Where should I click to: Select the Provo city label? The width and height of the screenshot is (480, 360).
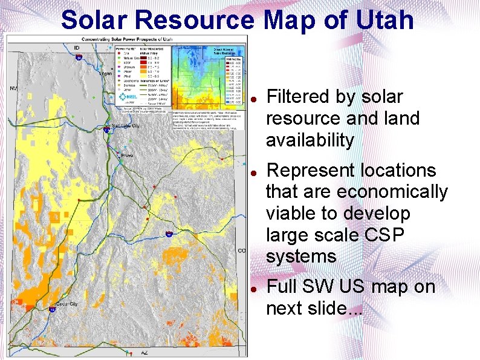[127, 155]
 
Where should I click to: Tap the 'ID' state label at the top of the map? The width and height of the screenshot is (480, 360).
[77, 47]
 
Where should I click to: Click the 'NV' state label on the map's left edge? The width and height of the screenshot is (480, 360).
[13, 88]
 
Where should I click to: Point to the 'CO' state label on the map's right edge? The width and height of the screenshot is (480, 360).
[242, 250]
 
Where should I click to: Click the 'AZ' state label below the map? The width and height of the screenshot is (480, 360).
[144, 352]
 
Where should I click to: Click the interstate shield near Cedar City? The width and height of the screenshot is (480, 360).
[53, 309]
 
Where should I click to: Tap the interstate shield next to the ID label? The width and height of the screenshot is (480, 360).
[79, 57]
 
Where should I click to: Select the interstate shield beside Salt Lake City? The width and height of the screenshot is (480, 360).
[107, 129]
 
